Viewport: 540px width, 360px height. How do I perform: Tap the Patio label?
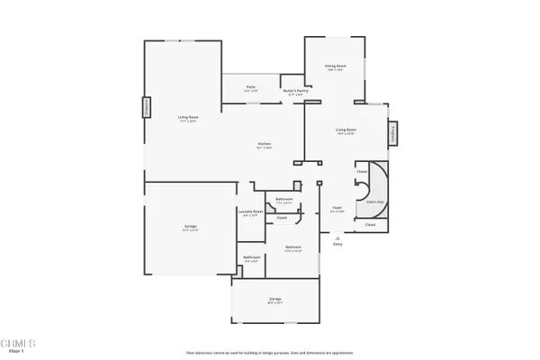[x=251, y=86]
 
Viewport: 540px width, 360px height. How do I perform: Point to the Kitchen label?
[x=265, y=144]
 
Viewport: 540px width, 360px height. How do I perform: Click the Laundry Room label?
[x=251, y=212]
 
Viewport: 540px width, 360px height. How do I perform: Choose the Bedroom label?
[x=293, y=247]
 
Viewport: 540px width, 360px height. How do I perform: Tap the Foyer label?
[x=337, y=208]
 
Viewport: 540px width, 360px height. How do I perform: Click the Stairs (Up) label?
[x=371, y=202]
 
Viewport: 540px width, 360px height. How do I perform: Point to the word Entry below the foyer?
[x=337, y=244]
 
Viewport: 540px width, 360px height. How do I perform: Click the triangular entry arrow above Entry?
[x=337, y=237]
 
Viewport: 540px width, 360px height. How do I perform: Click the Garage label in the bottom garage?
[x=274, y=299]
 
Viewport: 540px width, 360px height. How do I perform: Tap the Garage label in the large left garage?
[x=191, y=227]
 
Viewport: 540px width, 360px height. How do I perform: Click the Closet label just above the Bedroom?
[x=282, y=217]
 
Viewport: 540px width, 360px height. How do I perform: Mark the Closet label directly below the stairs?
[x=370, y=225]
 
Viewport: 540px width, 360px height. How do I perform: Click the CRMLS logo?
[x=17, y=343]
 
